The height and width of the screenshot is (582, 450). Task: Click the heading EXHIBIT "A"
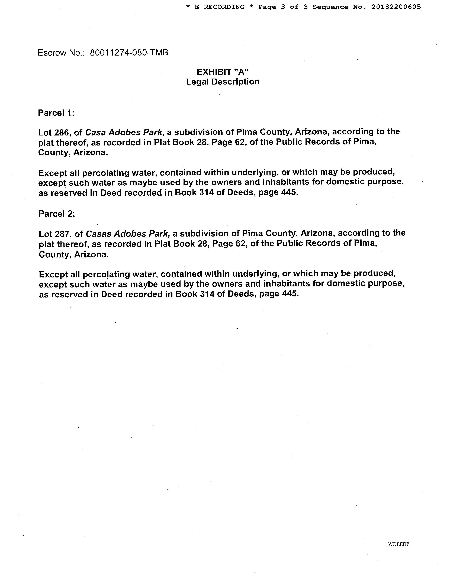[223, 72]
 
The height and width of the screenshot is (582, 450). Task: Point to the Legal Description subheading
[223, 82]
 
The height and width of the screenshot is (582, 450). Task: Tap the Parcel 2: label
[57, 214]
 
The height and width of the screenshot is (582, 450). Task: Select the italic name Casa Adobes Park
[123, 132]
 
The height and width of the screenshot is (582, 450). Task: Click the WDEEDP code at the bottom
[398, 544]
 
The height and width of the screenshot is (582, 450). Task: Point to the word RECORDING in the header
[224, 7]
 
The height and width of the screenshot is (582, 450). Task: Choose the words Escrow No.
[61, 53]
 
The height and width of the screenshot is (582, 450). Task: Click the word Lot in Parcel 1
[45, 132]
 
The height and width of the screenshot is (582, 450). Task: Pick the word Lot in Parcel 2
[45, 234]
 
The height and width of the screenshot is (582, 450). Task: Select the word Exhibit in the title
[214, 72]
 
